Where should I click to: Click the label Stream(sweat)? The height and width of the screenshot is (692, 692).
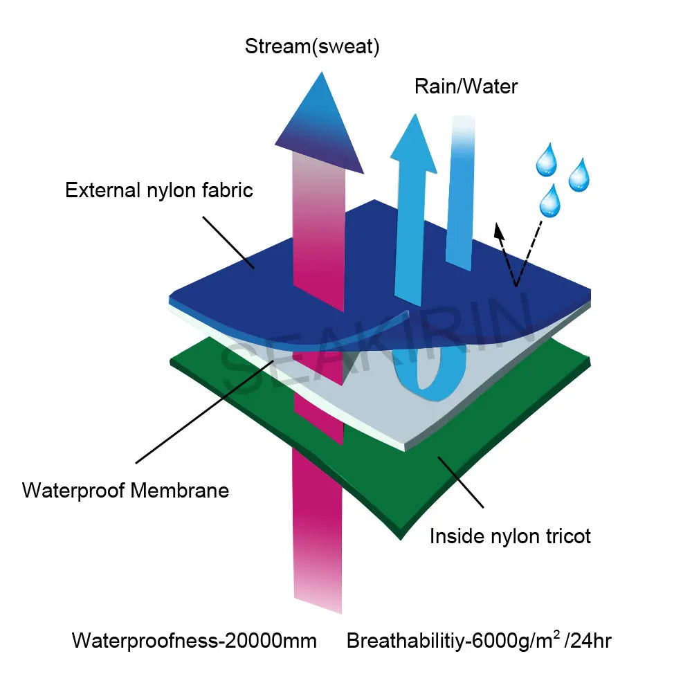pyautogui.click(x=311, y=47)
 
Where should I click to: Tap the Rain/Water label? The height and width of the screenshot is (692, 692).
pyautogui.click(x=466, y=86)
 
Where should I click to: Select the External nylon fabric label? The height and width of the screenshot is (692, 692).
pyautogui.click(x=159, y=190)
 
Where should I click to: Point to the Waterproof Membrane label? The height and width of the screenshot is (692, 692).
pyautogui.click(x=125, y=491)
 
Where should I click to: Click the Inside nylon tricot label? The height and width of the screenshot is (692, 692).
pyautogui.click(x=510, y=536)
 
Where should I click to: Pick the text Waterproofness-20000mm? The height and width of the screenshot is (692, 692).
pyautogui.click(x=194, y=641)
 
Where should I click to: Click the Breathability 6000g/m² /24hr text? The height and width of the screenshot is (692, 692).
pyautogui.click(x=479, y=641)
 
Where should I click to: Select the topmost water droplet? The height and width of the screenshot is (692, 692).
pyautogui.click(x=546, y=160)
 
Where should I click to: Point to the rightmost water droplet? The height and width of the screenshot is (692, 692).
pyautogui.click(x=579, y=176)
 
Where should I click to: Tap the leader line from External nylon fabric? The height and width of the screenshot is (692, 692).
pyautogui.click(x=228, y=242)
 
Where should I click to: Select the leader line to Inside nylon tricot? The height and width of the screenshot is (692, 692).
pyautogui.click(x=460, y=484)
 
